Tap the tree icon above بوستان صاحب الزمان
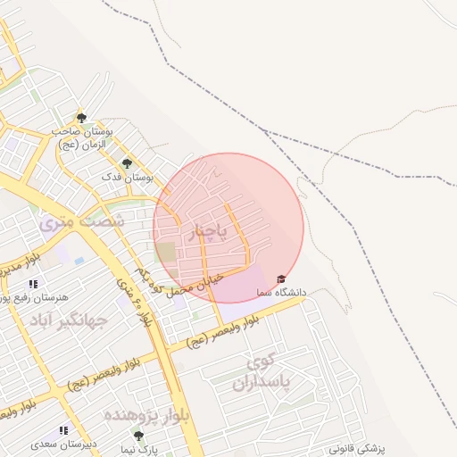pyautogui.click(x=81, y=118)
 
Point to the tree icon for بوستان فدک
pyautogui.click(x=126, y=163)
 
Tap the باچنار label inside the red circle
pyautogui.click(x=211, y=232)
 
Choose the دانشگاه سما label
pyautogui.click(x=281, y=292)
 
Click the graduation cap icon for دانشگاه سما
pyautogui.click(x=282, y=278)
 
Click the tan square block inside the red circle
pyautogui.click(x=166, y=252)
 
